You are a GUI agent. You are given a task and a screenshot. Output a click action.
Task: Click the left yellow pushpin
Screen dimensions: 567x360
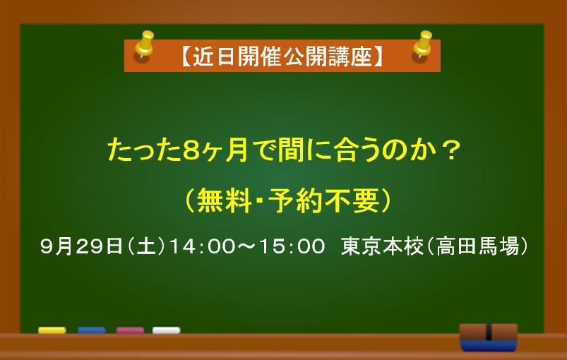click(x=145, y=44)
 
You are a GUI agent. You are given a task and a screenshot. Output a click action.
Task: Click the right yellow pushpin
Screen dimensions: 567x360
click(x=423, y=44)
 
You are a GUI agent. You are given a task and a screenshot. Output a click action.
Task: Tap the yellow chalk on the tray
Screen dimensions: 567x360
click(x=52, y=330)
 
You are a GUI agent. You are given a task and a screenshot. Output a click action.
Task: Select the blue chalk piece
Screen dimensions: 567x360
click(x=92, y=330)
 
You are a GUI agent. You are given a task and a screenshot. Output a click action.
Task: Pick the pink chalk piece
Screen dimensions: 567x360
click(x=130, y=330)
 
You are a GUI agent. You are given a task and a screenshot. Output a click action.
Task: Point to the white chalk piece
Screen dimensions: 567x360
click(x=167, y=330)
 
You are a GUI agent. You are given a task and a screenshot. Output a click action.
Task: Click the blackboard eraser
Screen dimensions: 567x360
click(x=489, y=337)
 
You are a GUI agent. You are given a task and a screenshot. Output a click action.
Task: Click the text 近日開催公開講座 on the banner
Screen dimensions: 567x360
click(x=282, y=56)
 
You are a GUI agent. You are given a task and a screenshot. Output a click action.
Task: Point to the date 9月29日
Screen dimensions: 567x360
click(x=82, y=246)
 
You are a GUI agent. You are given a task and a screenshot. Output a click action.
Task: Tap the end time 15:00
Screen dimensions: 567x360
click(x=292, y=246)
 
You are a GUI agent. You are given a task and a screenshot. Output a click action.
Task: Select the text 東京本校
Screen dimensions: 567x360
click(x=382, y=246)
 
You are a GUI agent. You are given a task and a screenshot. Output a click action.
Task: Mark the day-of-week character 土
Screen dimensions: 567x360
click(x=146, y=246)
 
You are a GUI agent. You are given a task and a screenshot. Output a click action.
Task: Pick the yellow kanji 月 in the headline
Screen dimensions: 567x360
click(x=236, y=150)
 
